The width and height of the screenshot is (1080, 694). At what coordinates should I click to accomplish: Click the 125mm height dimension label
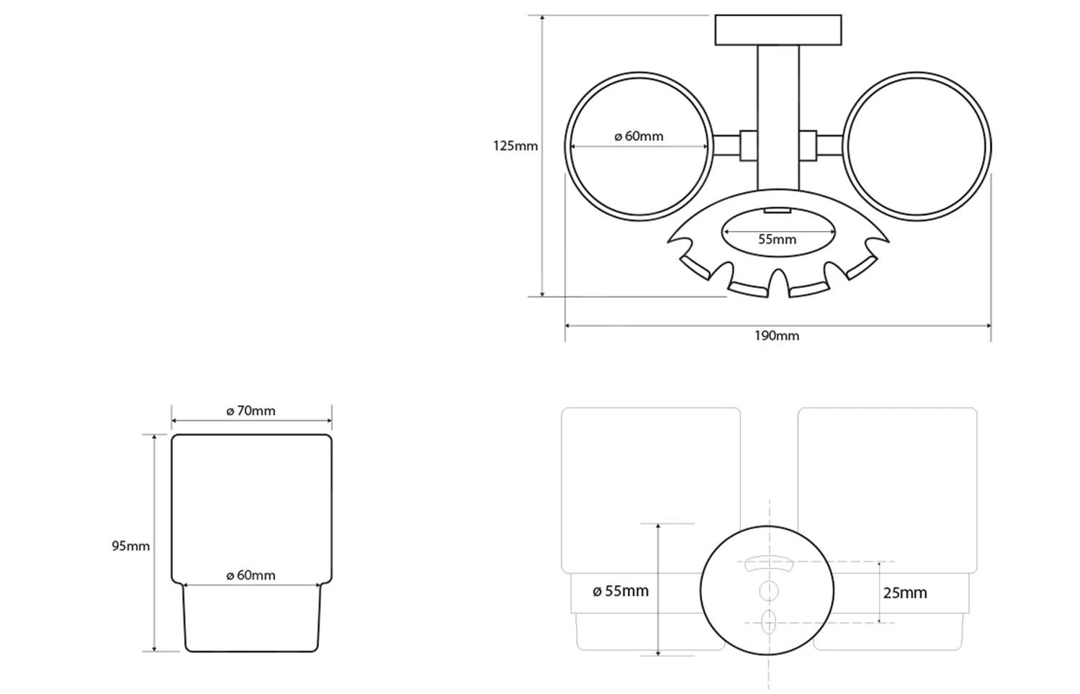[x=515, y=146]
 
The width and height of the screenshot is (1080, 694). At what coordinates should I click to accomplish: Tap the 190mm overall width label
[x=776, y=335]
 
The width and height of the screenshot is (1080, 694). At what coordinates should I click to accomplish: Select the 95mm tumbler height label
[x=130, y=546]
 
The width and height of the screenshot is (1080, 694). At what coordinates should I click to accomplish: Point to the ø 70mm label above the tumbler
[x=251, y=411]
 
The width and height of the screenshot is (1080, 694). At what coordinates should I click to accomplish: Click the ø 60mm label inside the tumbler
[x=251, y=575]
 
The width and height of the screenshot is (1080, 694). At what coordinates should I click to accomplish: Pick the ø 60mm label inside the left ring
[x=639, y=136]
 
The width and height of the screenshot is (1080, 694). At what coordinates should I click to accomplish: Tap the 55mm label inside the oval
[x=777, y=239]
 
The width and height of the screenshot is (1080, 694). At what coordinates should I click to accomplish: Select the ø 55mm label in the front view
[x=620, y=591]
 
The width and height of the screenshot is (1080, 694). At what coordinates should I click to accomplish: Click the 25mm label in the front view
[x=904, y=592]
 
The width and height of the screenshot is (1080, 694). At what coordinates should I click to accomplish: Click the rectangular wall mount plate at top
[x=778, y=30]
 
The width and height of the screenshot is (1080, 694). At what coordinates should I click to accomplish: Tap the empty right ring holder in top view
[x=916, y=146]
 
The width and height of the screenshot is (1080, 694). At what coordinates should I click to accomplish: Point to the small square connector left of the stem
[x=748, y=146]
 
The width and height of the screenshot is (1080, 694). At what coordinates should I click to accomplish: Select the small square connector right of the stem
[x=808, y=146]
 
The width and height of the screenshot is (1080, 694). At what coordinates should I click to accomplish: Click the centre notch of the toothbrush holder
[x=778, y=284]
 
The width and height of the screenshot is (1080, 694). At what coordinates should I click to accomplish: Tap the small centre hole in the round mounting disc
[x=768, y=591]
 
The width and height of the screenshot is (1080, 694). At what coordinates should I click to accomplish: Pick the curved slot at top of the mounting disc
[x=768, y=563]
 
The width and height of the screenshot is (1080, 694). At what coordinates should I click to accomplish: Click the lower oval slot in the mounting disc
[x=768, y=621]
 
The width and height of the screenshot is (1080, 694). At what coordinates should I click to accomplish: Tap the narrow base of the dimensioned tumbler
[x=251, y=619]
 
